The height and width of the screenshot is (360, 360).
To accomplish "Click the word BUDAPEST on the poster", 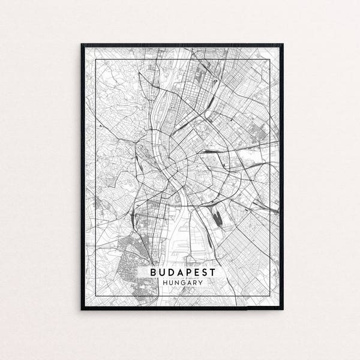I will coord(182,272).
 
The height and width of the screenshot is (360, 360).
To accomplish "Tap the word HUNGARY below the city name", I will coord(182,284).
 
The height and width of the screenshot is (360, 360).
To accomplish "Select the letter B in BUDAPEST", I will coord(154,272).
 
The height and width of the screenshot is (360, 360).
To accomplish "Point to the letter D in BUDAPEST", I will coord(171,272).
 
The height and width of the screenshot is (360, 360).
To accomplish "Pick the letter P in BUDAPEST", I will coord(187,272).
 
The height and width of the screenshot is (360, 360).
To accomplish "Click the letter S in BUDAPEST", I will coord(203,272).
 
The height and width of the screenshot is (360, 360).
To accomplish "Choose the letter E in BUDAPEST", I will coord(196,272).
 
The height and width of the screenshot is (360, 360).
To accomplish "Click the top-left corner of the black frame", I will coord(82,44).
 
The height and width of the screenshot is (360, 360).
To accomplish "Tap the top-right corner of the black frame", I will coord(283,44).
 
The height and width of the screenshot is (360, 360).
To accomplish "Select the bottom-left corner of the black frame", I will coord(82,309).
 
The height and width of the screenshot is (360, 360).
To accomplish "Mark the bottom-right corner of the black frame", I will coord(283,309).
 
